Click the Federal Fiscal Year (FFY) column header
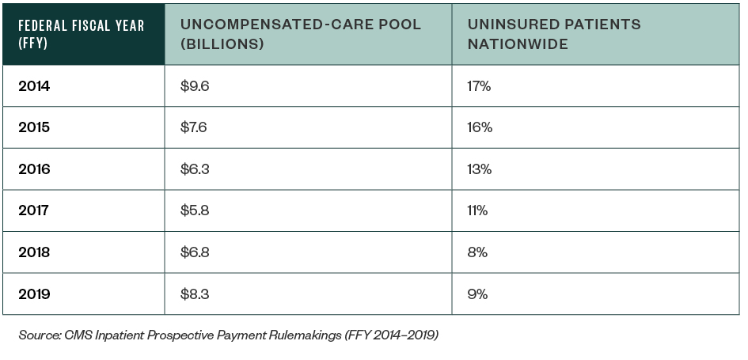pos(82,34)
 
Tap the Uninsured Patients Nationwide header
pos(554,34)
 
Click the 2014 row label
pos(34,86)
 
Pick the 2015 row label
pos(34,127)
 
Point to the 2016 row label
pos(34,169)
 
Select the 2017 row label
pos(34,210)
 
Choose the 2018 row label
pos(34,252)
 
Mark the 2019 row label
pos(34,294)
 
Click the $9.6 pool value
pos(194,86)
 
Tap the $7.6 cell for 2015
pos(194,127)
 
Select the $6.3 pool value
pos(194,169)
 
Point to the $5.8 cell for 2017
pos(194,210)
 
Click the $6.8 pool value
pos(194,252)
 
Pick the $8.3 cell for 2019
pos(194,294)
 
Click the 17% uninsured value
pos(479,86)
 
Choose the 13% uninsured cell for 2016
pos(480,169)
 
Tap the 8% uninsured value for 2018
pos(477,252)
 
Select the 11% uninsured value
pos(478,210)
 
